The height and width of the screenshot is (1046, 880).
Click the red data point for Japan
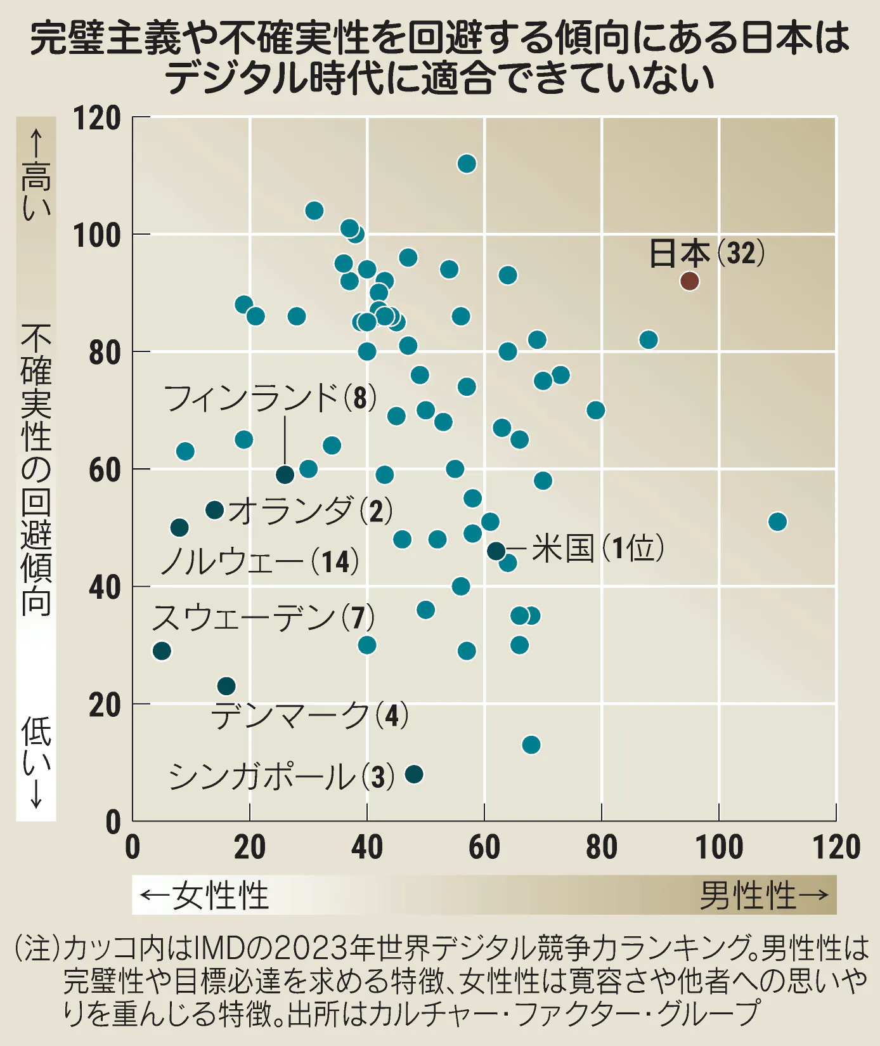[689, 281]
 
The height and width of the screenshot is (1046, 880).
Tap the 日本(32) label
[706, 253]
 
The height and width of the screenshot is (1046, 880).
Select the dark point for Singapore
[414, 774]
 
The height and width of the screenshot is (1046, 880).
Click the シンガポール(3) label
[281, 776]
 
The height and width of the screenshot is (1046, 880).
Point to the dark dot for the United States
[496, 551]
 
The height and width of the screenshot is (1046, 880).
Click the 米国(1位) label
[597, 548]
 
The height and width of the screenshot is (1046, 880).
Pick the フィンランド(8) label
[270, 398]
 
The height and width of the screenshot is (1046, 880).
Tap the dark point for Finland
[285, 474]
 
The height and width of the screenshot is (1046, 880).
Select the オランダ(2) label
[310, 511]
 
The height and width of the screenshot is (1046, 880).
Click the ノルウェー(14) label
[260, 561]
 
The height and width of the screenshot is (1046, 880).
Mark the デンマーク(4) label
[309, 716]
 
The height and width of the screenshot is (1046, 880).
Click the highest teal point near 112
[467, 164]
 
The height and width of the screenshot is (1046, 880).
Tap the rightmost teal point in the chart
[777, 521]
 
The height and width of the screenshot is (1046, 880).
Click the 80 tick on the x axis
[601, 847]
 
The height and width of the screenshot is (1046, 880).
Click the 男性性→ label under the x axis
[764, 895]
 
